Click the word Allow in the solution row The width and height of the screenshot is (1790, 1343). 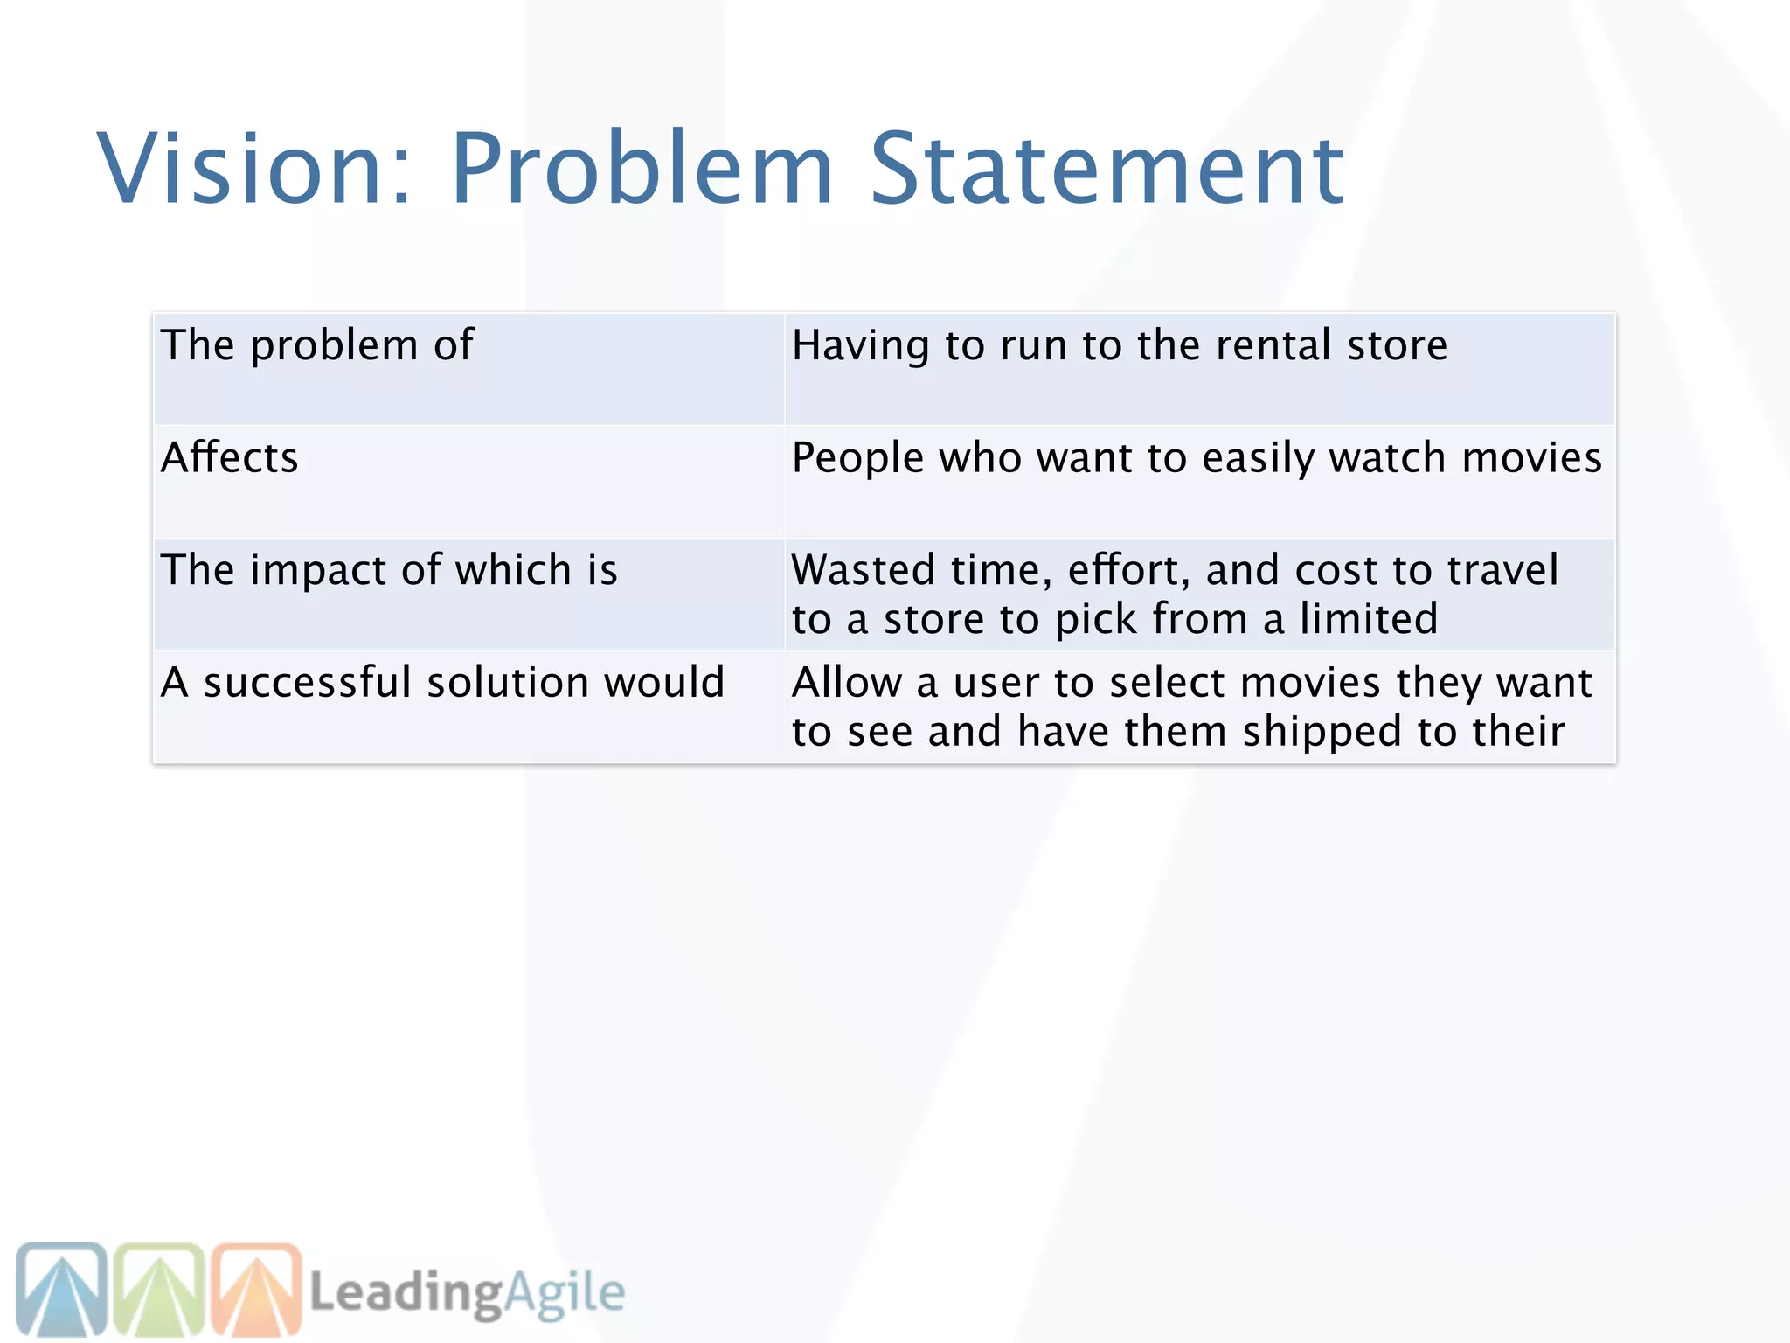click(846, 682)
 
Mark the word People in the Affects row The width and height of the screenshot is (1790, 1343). click(857, 457)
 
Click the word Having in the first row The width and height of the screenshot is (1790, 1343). click(860, 345)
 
